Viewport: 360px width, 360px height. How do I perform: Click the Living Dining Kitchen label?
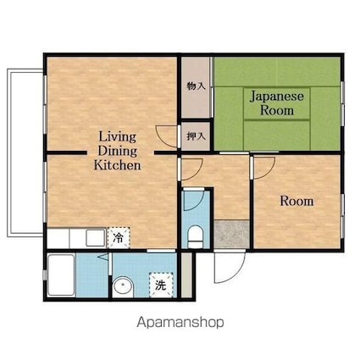click(117, 151)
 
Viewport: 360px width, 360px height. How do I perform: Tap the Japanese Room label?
click(277, 103)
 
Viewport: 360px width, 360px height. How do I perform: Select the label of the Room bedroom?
click(296, 202)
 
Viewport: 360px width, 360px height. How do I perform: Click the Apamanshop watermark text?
click(180, 322)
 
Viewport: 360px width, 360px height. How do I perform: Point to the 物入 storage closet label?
click(196, 86)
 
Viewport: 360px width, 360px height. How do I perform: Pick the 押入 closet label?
click(196, 136)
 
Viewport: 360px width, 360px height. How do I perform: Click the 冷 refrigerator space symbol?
click(119, 238)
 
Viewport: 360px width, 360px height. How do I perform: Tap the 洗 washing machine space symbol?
click(161, 285)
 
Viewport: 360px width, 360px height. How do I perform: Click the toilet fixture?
click(196, 236)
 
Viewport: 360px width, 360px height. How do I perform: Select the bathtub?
click(61, 275)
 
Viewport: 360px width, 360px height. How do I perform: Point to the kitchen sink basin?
click(96, 238)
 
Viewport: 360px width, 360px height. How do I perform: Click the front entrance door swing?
click(230, 267)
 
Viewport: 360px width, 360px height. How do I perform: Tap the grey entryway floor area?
click(232, 234)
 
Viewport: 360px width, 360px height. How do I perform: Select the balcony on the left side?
click(25, 153)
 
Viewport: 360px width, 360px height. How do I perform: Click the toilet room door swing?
click(194, 201)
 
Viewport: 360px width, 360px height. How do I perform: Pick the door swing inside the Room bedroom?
click(264, 169)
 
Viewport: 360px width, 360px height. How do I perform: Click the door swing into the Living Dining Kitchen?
click(167, 136)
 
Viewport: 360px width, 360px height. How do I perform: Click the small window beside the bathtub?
click(44, 275)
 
